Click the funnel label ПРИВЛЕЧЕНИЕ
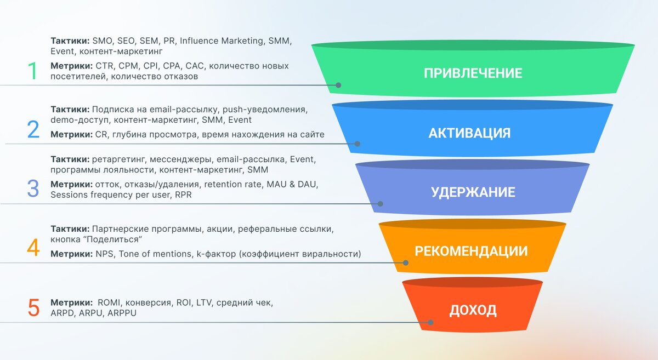473,73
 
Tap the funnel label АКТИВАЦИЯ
469,133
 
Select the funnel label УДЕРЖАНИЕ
473,192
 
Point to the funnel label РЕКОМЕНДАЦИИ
471,252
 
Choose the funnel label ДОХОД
473,310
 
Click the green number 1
33,72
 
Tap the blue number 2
33,130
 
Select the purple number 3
33,188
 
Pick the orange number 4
33,248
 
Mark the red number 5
33,308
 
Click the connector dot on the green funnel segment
338,85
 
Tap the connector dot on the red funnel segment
430,322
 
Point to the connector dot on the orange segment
406,262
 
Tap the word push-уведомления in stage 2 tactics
269,110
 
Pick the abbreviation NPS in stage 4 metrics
104,254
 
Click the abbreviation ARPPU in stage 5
122,313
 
